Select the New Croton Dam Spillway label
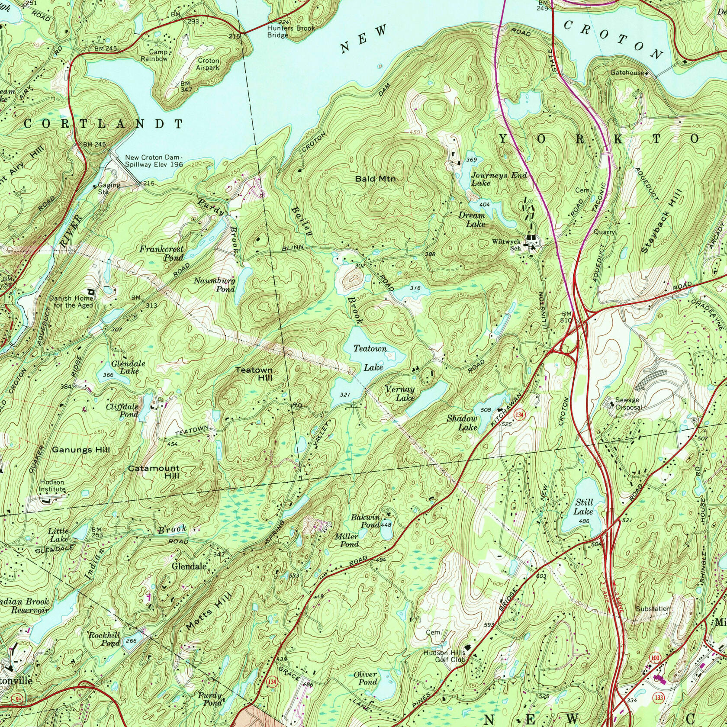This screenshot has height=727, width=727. coord(154,161)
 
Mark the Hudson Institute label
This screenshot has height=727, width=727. coord(52,486)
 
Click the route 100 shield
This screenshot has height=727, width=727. coord(655,658)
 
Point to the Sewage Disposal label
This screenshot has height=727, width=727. coord(630,403)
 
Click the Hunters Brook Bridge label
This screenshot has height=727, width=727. coord(290,31)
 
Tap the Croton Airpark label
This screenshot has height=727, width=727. coord(208,64)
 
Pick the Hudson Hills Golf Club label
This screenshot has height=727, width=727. coord(445,656)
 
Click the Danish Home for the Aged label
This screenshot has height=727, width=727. coord(71,302)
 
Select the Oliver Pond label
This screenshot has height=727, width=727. coord(365,678)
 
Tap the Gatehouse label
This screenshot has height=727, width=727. coord(627,73)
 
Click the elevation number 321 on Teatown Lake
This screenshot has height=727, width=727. coord(344,395)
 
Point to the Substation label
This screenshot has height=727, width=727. coord(653,608)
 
